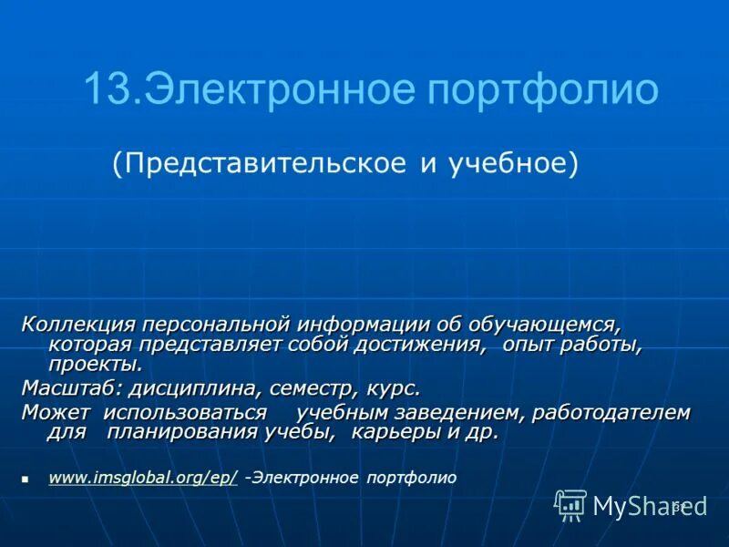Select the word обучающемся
point(545,325)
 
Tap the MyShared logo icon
point(571,505)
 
